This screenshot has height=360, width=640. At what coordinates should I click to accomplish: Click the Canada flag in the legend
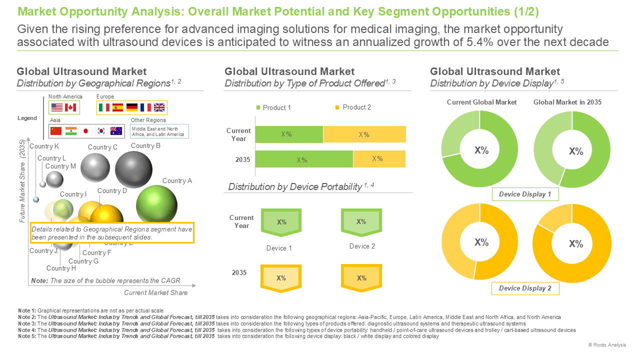click(x=70, y=107)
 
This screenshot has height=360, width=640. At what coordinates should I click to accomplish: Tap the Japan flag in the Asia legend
click(x=85, y=131)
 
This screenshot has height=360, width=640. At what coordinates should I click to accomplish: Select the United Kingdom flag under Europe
click(x=159, y=107)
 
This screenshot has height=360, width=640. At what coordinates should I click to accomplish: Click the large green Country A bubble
click(x=156, y=205)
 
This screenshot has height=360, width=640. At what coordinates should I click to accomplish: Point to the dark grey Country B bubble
click(x=133, y=169)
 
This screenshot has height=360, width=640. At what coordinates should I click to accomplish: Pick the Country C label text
click(x=102, y=147)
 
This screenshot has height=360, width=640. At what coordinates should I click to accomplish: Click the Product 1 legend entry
click(x=273, y=107)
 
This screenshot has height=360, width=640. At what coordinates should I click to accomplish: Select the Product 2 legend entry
click(x=353, y=107)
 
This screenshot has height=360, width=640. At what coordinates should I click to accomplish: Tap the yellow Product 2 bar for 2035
click(x=379, y=159)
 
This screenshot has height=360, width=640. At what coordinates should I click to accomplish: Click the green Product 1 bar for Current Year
click(x=289, y=134)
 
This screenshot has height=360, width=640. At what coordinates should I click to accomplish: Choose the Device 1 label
click(x=279, y=248)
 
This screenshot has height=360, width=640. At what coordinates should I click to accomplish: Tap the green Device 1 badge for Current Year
click(x=281, y=222)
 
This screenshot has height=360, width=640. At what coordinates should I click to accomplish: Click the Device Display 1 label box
click(x=525, y=194)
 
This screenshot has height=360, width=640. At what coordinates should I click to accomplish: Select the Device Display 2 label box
click(x=525, y=288)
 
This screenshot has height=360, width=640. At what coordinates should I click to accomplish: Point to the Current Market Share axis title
click(x=155, y=292)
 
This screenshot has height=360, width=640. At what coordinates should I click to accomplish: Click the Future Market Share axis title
click(x=22, y=181)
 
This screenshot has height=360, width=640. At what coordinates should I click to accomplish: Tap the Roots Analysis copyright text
click(x=607, y=345)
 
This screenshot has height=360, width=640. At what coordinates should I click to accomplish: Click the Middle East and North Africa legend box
click(x=159, y=131)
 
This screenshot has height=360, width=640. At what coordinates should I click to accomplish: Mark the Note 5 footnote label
click(x=27, y=336)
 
